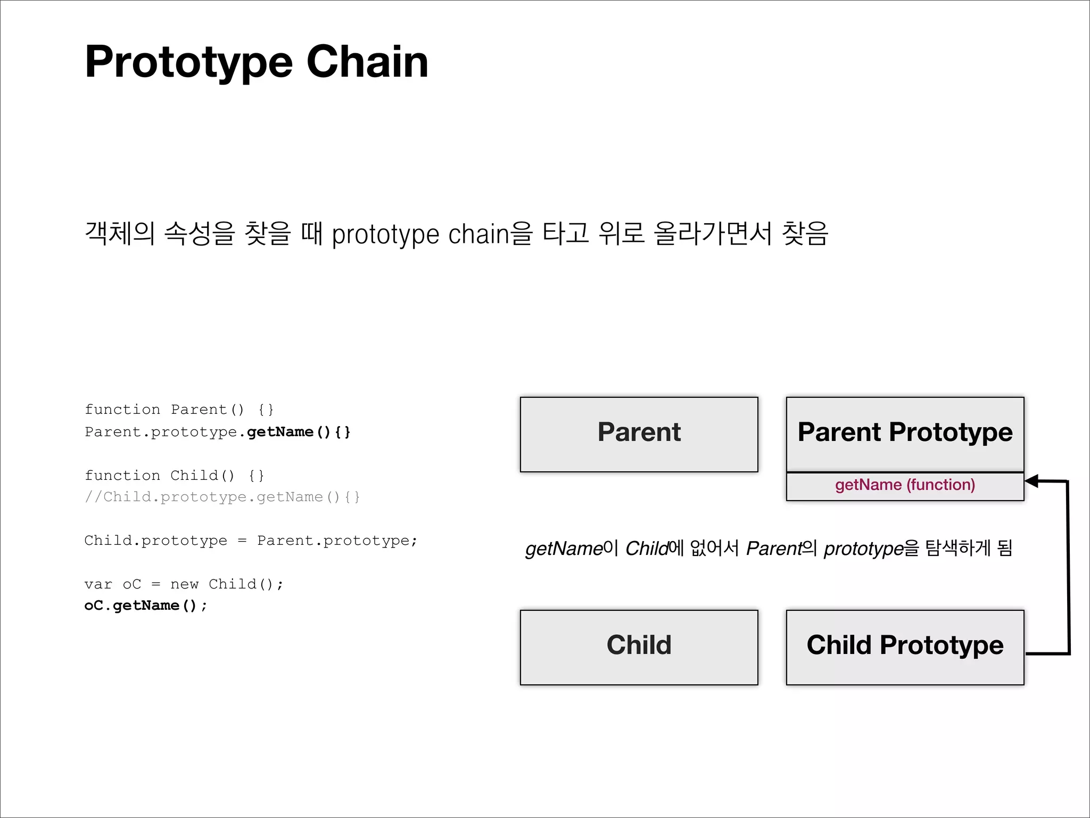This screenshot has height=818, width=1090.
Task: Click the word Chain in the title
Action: point(367,62)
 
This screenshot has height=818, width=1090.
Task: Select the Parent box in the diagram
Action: point(639,434)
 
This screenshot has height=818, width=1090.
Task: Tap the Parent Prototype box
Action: point(905,433)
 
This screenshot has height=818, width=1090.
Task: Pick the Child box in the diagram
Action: point(639,647)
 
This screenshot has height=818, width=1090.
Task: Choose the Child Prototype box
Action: point(905,647)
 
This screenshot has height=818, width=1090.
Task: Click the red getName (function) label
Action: point(905,485)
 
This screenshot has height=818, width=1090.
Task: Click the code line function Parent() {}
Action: point(179,410)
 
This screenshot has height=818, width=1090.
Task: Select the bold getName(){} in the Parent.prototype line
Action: point(299,432)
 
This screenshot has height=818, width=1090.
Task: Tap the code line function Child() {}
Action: point(175,475)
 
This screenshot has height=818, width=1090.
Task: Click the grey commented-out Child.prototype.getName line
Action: point(222,497)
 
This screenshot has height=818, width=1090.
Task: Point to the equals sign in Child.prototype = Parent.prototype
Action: point(242,541)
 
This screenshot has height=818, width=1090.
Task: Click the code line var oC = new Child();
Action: point(184,584)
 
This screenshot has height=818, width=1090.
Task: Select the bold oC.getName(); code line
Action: point(146,606)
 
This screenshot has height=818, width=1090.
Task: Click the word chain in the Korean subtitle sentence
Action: point(478,234)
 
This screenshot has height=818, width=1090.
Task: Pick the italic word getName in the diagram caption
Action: point(564,549)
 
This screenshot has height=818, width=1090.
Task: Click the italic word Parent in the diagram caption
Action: point(773,549)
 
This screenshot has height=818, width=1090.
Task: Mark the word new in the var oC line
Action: point(184,585)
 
